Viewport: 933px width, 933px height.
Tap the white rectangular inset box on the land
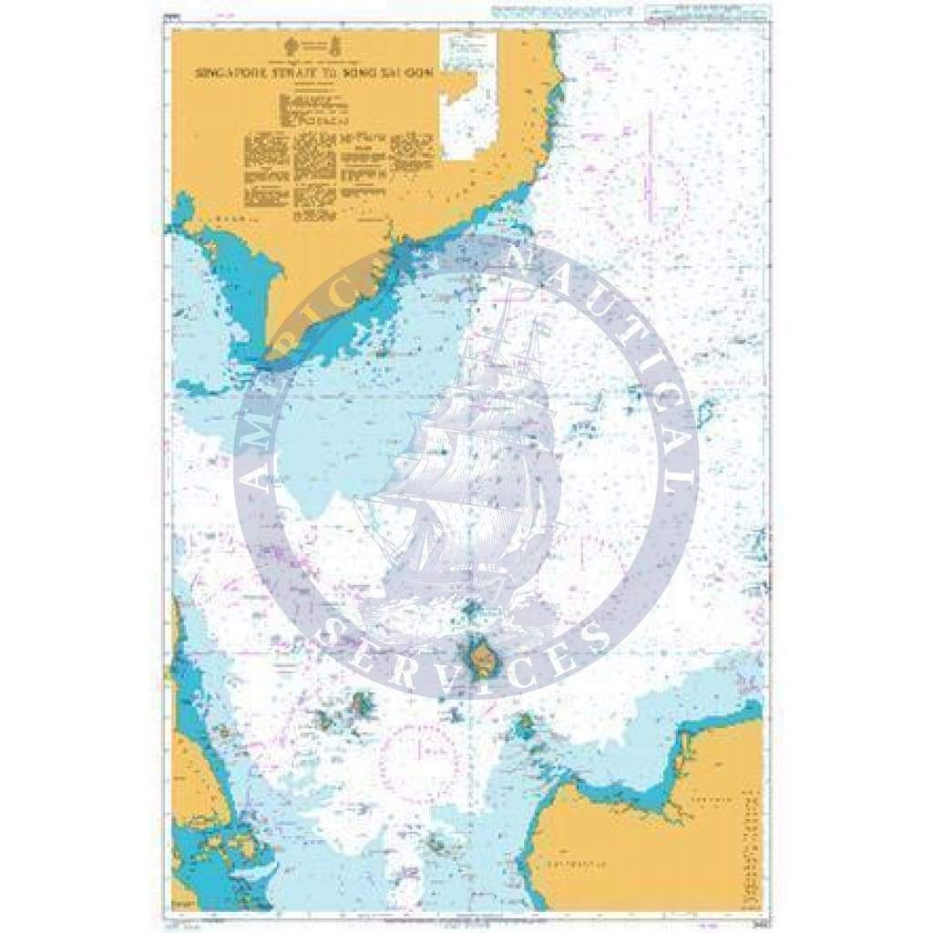pyautogui.click(x=468, y=97)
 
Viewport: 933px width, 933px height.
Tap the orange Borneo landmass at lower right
pyautogui.click(x=638, y=847)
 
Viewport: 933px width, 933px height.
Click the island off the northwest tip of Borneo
pyautogui.click(x=524, y=726)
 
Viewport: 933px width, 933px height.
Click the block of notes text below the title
pyautogui.click(x=337, y=164)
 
